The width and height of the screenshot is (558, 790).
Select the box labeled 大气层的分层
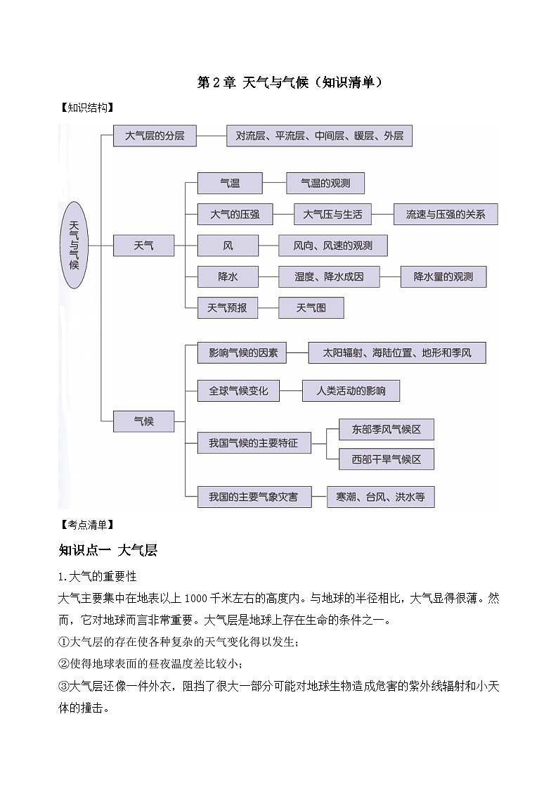click(x=155, y=136)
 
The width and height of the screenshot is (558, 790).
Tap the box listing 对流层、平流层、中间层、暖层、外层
click(x=319, y=136)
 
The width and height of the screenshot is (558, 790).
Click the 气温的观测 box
click(x=325, y=184)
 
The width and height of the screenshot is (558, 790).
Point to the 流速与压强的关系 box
click(x=446, y=214)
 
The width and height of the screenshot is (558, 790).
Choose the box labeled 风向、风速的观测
click(x=333, y=246)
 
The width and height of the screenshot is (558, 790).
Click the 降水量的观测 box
click(x=443, y=276)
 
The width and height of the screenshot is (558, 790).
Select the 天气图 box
click(x=311, y=307)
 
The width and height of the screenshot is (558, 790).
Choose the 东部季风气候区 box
click(x=386, y=428)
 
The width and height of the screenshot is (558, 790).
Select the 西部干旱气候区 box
click(x=386, y=459)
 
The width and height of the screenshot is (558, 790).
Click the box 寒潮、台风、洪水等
click(x=380, y=497)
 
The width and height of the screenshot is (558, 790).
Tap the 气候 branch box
click(x=143, y=421)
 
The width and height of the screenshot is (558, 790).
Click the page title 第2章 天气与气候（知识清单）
click(x=288, y=82)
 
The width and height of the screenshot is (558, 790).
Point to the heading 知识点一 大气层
click(x=108, y=550)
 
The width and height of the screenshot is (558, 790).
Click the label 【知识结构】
click(x=86, y=108)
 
